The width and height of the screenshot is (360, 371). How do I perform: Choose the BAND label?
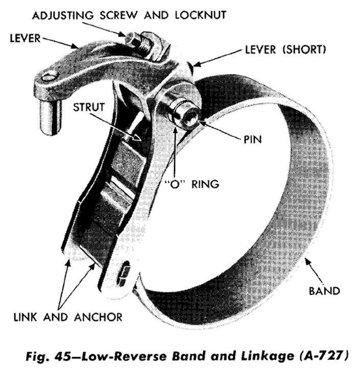pos(324,291)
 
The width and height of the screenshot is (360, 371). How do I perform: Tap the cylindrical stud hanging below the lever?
pos(51,117)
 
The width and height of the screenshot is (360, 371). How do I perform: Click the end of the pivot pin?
pos(186,116)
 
